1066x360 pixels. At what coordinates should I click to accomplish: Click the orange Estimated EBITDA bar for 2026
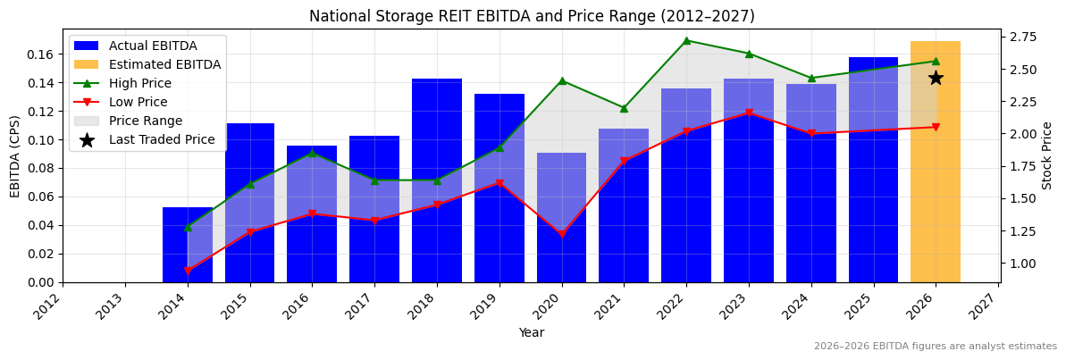point(935,162)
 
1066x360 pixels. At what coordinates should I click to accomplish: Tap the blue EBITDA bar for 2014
point(188,245)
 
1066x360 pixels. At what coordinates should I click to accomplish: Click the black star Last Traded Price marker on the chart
point(936,78)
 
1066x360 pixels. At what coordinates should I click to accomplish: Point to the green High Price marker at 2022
point(686,40)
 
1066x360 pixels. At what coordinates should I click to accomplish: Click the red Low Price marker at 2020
point(562,235)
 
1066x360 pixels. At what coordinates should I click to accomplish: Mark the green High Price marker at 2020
point(562,81)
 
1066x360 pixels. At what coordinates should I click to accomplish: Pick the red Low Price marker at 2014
point(188,271)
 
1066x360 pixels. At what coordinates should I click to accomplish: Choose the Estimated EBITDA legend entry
point(164,64)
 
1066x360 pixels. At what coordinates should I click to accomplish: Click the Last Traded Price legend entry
point(162,139)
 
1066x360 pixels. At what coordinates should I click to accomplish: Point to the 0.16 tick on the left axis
point(41,54)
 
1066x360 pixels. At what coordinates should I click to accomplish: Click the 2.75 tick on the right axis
point(1022,37)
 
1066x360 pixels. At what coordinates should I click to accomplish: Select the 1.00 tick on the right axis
point(1022,264)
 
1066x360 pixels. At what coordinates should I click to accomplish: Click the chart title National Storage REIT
point(532,16)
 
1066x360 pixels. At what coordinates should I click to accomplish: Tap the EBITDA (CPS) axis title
point(15,155)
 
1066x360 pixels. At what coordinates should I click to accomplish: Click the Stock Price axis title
point(1047,155)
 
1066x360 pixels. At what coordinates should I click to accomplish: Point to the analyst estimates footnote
point(935,346)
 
